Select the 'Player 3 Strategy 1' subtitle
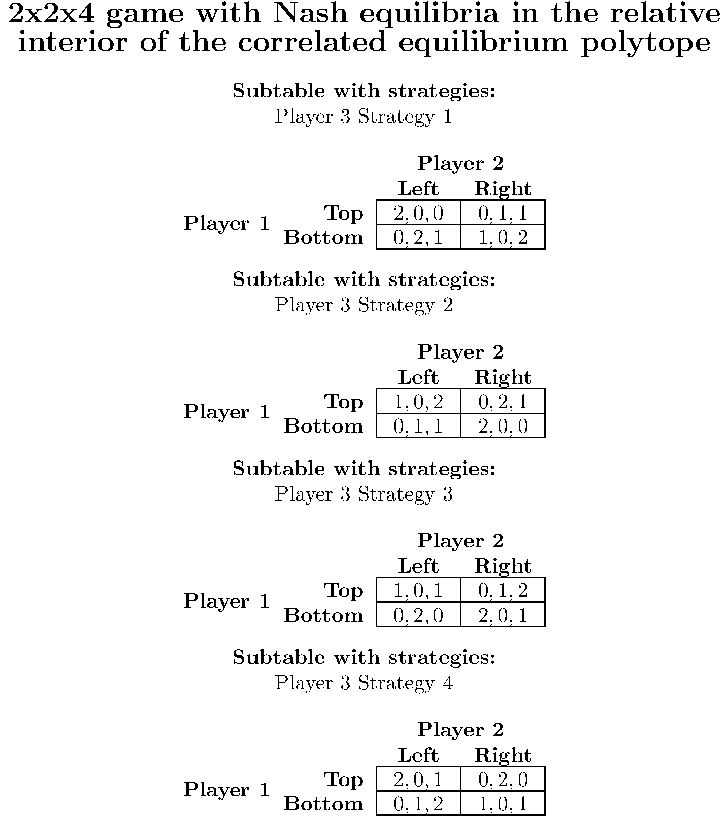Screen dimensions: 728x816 pyautogui.click(x=363, y=117)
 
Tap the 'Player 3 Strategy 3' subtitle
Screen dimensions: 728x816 pyautogui.click(x=363, y=494)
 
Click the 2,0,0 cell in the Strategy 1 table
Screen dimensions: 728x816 pyautogui.click(x=418, y=212)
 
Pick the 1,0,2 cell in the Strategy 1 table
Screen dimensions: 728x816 pyautogui.click(x=503, y=237)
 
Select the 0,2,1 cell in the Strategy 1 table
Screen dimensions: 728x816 pyautogui.click(x=418, y=237)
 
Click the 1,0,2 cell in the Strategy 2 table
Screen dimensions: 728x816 pyautogui.click(x=418, y=402)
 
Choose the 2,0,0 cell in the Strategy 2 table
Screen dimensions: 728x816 pyautogui.click(x=503, y=426)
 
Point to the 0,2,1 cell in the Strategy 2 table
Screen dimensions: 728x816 pyautogui.click(x=503, y=402)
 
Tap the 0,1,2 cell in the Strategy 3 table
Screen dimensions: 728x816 pyautogui.click(x=503, y=590)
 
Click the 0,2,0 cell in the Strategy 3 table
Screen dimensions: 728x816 pyautogui.click(x=418, y=615)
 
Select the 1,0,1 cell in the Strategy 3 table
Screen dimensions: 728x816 pyautogui.click(x=418, y=590)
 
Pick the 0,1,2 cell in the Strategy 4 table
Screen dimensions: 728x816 pyautogui.click(x=418, y=803)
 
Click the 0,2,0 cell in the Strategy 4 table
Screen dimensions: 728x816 pyautogui.click(x=503, y=779)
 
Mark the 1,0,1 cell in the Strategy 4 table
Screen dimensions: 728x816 pyautogui.click(x=503, y=803)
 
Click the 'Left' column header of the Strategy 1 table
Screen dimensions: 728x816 pyautogui.click(x=418, y=189)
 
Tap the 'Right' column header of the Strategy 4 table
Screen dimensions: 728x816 pyautogui.click(x=503, y=755)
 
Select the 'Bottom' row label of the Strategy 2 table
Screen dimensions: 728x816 pyautogui.click(x=324, y=426)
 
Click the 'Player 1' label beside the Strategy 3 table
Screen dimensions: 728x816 pyautogui.click(x=227, y=601)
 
